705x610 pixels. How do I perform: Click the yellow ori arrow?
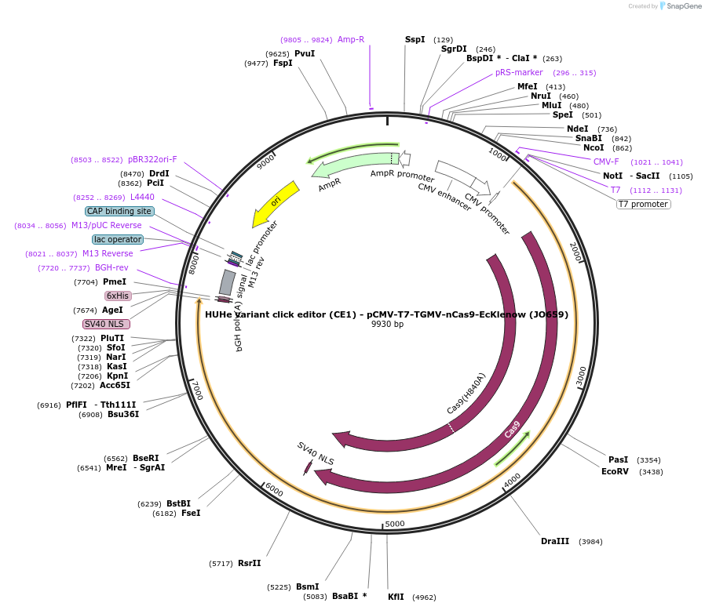tap(275, 204)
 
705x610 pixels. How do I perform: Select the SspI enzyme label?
tap(415, 39)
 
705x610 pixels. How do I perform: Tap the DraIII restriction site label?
tap(556, 542)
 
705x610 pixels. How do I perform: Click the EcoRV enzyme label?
tap(615, 472)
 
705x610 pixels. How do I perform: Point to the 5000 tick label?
tap(394, 524)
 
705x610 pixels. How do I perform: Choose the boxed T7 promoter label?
tap(643, 205)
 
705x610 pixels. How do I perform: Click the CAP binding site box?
tap(119, 211)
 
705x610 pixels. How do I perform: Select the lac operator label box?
tap(118, 239)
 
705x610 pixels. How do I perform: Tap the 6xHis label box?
tap(118, 296)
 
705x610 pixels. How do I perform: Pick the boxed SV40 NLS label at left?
tap(107, 324)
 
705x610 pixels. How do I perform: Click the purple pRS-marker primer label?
tap(519, 73)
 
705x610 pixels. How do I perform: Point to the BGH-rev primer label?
tap(111, 268)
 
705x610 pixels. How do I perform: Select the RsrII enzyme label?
tap(249, 563)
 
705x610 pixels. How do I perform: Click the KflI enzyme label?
tap(396, 597)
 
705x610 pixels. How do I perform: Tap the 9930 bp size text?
tap(387, 325)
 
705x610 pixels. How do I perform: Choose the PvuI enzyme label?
tap(305, 53)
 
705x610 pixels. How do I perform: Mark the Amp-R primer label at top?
tap(351, 39)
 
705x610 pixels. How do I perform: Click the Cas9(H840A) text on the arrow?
tap(466, 394)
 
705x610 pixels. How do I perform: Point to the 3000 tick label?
tap(581, 376)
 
